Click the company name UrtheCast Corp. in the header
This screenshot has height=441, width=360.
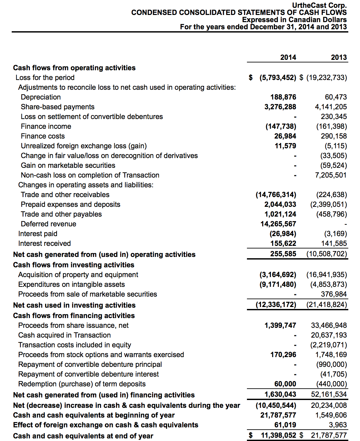pos(319,5)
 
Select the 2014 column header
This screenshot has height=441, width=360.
pos(288,58)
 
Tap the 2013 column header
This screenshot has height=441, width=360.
pos(339,58)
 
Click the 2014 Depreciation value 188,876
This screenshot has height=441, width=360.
pos(283,97)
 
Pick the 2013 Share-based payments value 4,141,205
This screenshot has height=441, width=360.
pos(331,107)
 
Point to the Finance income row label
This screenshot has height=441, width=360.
pos(46,127)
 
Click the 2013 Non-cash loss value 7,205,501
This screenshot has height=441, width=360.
pos(331,175)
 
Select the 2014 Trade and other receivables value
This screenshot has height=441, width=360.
pos(276,195)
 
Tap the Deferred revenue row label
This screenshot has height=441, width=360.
pos(48,224)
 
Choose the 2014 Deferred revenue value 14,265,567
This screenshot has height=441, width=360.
pos(278,224)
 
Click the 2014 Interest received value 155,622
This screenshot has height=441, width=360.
pos(283,244)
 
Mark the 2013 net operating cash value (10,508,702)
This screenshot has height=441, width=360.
pos(327,254)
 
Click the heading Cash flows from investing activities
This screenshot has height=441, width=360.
pos(73,265)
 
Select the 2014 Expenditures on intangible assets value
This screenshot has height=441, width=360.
pos(278,285)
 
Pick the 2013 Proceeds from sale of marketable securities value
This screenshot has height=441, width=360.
pos(334,294)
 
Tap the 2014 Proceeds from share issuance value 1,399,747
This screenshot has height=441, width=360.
pos(280,326)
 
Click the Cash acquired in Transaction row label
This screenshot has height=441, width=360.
pos(64,335)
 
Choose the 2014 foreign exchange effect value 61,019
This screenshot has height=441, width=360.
pos(285,425)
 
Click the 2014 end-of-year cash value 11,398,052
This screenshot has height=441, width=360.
pos(278,435)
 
